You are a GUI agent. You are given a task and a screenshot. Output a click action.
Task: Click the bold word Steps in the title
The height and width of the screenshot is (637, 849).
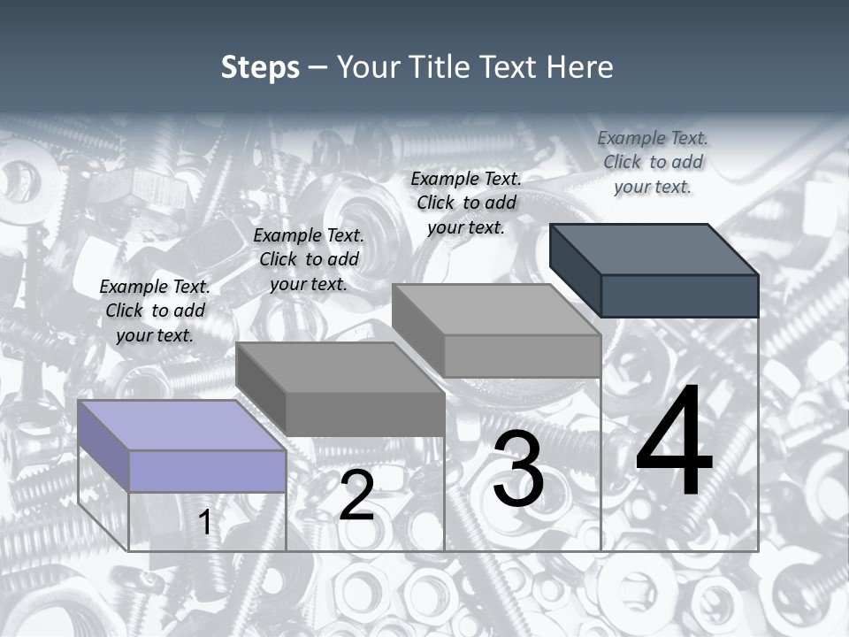[260, 67]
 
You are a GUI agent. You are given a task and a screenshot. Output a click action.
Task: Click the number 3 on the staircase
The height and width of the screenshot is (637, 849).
[518, 469]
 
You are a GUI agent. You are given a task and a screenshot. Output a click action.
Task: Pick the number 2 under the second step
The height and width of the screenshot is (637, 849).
[356, 495]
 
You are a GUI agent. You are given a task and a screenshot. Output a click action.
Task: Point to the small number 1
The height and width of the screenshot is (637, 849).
[205, 523]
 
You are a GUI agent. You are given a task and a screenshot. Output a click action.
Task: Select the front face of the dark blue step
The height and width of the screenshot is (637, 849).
[679, 295]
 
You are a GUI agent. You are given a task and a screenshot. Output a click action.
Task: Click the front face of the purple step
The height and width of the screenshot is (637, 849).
[207, 471]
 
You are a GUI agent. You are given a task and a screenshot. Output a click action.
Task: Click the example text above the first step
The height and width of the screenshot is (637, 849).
[155, 311]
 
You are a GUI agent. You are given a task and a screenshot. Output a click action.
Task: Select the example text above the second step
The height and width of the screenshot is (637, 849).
[309, 259]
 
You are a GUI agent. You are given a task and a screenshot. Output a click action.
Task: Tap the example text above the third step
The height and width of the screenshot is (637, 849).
[466, 203]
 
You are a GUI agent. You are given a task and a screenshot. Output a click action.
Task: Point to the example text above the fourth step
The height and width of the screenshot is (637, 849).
[653, 162]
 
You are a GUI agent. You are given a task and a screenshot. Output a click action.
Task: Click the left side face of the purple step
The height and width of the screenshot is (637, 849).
[103, 446]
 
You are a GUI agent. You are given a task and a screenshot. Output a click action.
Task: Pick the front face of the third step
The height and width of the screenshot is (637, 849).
[522, 357]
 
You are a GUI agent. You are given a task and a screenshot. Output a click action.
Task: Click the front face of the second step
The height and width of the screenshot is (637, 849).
[364, 414]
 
